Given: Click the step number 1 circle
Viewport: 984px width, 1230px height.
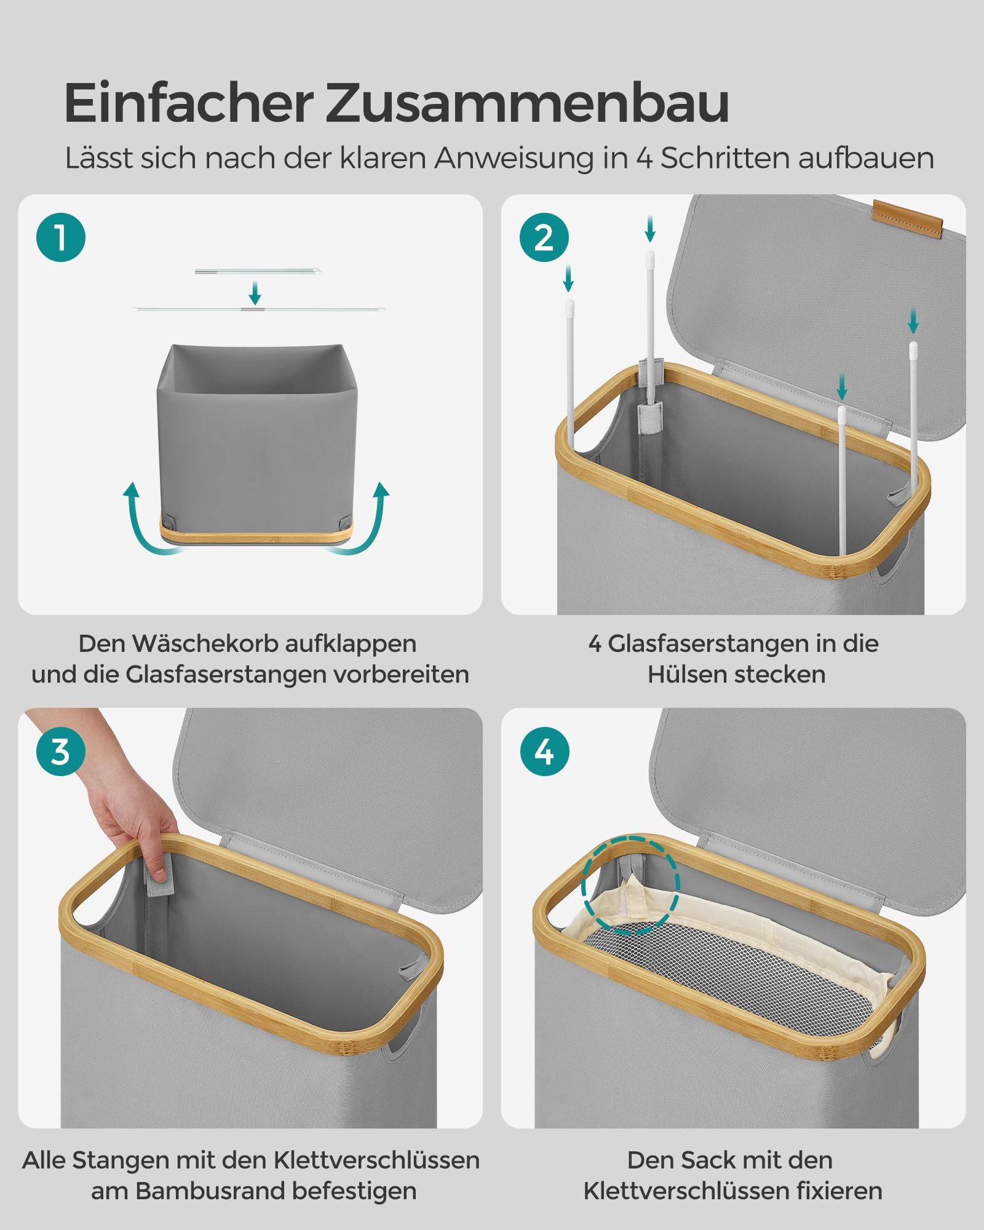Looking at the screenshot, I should pos(60,237).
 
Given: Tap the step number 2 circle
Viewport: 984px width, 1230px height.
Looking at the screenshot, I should pos(544,237).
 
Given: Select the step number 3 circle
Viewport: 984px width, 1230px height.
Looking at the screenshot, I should pos(60,751).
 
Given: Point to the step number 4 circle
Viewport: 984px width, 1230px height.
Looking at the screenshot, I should pos(544,751).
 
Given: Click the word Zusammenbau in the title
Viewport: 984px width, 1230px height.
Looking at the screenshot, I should pos(527,103).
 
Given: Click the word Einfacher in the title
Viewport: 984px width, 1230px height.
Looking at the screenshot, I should pos(188,103).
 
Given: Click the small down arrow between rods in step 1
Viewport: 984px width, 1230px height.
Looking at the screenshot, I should pos(255,293).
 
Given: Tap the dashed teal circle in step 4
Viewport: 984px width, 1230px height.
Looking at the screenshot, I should pos(631,886).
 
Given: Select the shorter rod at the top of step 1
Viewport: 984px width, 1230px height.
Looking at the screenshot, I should pos(257,271).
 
